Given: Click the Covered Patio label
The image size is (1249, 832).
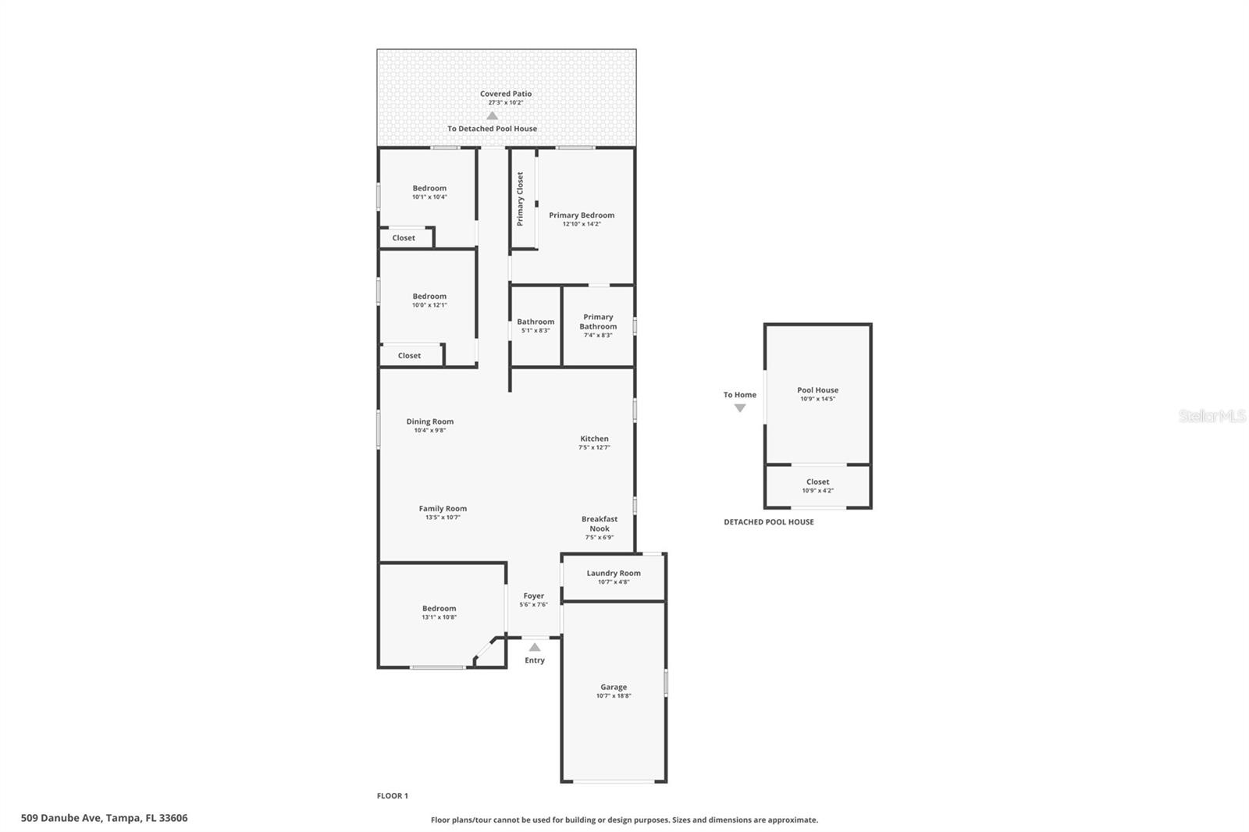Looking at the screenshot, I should pyautogui.click(x=506, y=94).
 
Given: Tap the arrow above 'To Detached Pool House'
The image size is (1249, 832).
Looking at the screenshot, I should pyautogui.click(x=492, y=116).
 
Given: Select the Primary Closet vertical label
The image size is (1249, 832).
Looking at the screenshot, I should pyautogui.click(x=520, y=199).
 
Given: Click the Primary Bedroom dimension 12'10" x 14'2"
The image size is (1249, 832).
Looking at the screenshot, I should pyautogui.click(x=582, y=224).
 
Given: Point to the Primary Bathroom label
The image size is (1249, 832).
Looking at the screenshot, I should pyautogui.click(x=598, y=322).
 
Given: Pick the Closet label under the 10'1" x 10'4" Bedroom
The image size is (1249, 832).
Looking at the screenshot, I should pyautogui.click(x=404, y=238).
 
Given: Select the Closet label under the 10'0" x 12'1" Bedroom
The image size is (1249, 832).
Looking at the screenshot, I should pyautogui.click(x=409, y=356).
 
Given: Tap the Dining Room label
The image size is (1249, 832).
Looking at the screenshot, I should pyautogui.click(x=429, y=421).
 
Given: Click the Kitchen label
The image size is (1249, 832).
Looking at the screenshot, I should pyautogui.click(x=594, y=439).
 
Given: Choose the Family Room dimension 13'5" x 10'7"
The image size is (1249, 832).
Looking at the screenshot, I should pyautogui.click(x=443, y=517).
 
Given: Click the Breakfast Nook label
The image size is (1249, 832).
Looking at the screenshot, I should pyautogui.click(x=600, y=524).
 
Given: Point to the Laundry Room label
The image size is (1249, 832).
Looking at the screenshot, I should pyautogui.click(x=614, y=573).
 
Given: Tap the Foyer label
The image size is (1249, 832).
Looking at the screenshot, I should pyautogui.click(x=534, y=596).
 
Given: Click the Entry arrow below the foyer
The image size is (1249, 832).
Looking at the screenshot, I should pyautogui.click(x=535, y=647).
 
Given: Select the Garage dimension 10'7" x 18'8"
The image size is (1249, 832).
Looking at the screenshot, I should pyautogui.click(x=614, y=696).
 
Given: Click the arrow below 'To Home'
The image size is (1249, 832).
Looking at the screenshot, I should pyautogui.click(x=740, y=408).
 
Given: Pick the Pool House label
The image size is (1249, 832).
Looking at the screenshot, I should pyautogui.click(x=817, y=390).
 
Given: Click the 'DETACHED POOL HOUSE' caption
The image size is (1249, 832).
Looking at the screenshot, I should pyautogui.click(x=768, y=522).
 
